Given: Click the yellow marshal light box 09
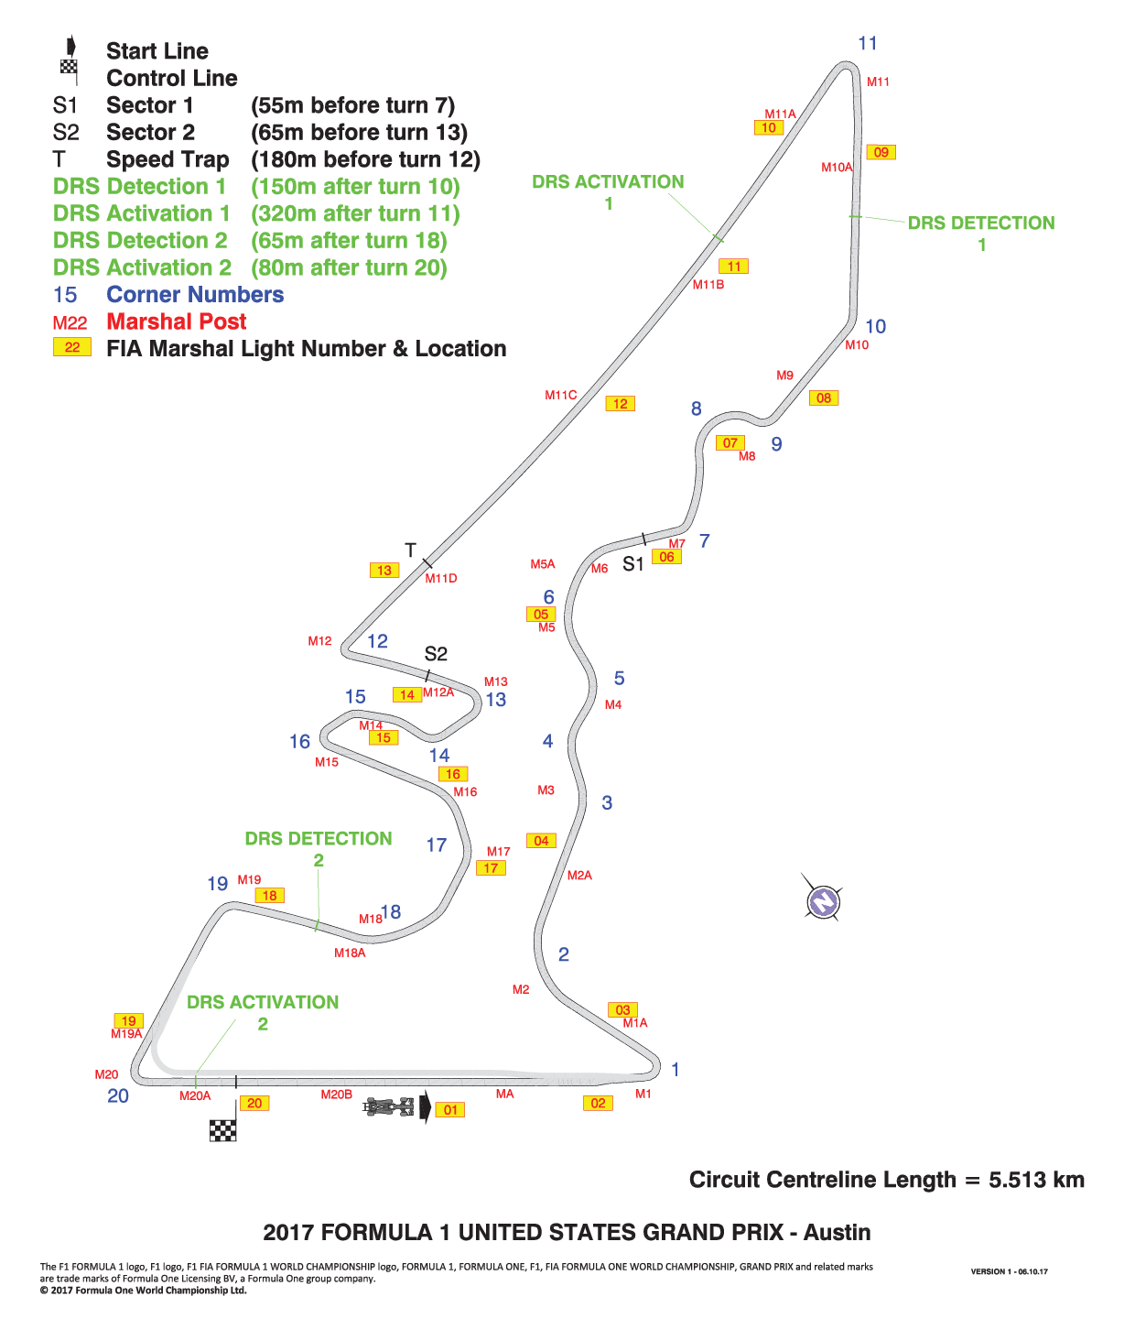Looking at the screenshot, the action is tap(881, 152).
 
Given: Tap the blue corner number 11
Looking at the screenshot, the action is tap(868, 43).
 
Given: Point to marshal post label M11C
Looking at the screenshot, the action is tap(560, 395).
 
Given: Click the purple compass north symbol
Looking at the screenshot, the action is tap(823, 900).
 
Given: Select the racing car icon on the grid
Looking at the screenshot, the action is tap(389, 1106).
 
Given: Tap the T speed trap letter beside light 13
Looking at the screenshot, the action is tap(410, 550).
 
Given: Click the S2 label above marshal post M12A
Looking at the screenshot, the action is tap(436, 654).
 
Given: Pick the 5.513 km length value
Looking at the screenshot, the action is tap(1036, 1179).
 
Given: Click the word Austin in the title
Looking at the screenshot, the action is tap(837, 1232).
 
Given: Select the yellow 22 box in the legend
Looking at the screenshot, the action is tap(72, 347).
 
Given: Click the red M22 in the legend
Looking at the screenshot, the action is tap(70, 322).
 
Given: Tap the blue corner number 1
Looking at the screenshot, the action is tap(675, 1069).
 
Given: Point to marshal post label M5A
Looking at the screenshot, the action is tap(542, 564).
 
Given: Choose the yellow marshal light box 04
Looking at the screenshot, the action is tap(541, 840).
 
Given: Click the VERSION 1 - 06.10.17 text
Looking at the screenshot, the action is tap(1009, 1271).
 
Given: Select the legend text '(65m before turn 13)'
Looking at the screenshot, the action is tap(359, 133).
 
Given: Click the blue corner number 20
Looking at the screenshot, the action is tap(117, 1095).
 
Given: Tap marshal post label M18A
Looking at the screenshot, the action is tap(350, 953).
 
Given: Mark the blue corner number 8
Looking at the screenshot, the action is tap(696, 409).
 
